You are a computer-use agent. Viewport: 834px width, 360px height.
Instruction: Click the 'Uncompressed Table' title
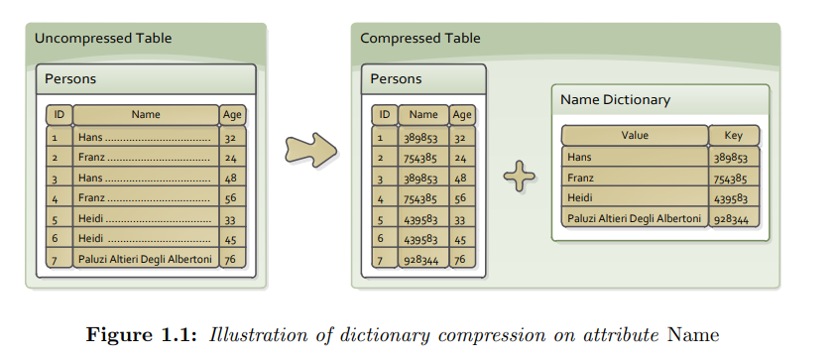pyautogui.click(x=103, y=39)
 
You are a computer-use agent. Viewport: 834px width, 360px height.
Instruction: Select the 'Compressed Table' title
pyautogui.click(x=419, y=39)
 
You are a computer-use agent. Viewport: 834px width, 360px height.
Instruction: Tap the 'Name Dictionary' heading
pyautogui.click(x=615, y=100)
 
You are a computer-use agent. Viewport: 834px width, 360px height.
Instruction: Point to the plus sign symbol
pyautogui.click(x=519, y=177)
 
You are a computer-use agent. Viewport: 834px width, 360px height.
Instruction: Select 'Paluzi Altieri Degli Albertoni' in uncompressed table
pyautogui.click(x=145, y=260)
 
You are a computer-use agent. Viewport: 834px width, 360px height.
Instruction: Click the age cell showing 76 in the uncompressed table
pyautogui.click(x=231, y=260)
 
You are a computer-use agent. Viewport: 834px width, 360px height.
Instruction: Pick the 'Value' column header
pyautogui.click(x=634, y=136)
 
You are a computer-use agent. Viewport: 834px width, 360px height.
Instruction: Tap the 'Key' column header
pyautogui.click(x=734, y=136)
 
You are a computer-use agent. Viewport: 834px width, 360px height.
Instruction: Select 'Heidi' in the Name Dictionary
pyautogui.click(x=579, y=198)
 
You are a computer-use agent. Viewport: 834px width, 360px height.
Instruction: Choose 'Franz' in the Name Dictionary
pyautogui.click(x=580, y=178)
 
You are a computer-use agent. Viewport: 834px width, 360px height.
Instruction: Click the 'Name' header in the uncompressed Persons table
pyautogui.click(x=146, y=115)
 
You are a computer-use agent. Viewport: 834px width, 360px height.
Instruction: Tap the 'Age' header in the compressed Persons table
pyautogui.click(x=461, y=115)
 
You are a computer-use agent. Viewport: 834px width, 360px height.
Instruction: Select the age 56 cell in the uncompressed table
pyautogui.click(x=231, y=197)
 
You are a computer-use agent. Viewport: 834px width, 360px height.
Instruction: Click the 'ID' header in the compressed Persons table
pyautogui.click(x=384, y=115)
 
